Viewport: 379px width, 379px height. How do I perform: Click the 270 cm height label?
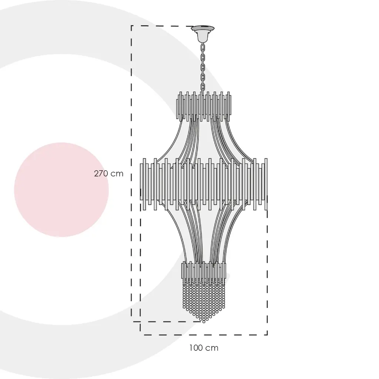point(108,174)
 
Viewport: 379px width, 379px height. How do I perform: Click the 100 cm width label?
point(204,348)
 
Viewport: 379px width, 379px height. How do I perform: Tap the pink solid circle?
point(61,190)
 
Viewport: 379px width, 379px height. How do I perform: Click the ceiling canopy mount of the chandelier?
point(202,33)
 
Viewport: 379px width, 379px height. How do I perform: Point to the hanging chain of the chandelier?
point(203,68)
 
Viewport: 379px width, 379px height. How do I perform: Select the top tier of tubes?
point(204,106)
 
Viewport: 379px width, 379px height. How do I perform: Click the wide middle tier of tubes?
point(204,184)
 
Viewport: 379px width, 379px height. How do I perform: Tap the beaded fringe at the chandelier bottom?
point(204,301)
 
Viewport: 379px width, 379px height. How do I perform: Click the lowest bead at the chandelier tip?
point(204,322)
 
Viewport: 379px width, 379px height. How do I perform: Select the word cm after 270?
point(117,174)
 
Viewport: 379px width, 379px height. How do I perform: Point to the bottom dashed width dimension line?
point(204,335)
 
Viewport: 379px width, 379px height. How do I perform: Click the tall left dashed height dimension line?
point(131,174)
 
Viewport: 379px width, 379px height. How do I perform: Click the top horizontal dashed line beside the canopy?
point(162,26)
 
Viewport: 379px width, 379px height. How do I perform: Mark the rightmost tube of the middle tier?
point(266,184)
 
